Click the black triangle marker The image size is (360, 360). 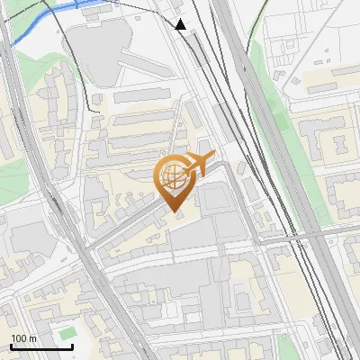[181, 24]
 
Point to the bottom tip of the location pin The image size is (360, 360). [175, 212]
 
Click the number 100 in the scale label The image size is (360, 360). [19, 337]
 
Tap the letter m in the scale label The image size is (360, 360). [33, 337]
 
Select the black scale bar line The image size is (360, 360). [41, 346]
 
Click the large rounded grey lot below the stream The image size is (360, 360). [95, 50]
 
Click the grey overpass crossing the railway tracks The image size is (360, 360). [306, 236]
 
